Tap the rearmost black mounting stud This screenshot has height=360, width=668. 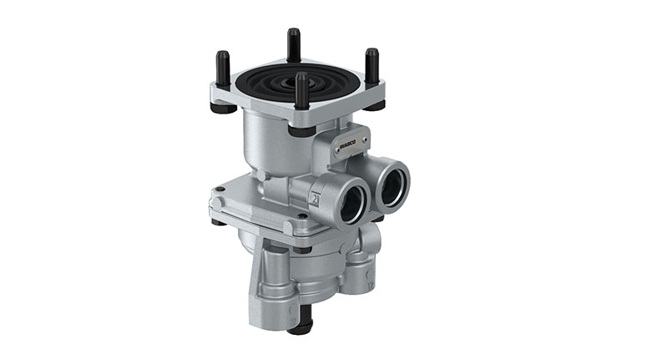pyautogui.click(x=294, y=45)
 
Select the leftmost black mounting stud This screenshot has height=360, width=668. pyautogui.click(x=222, y=72)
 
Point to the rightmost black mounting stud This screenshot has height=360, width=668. pyautogui.click(x=372, y=67)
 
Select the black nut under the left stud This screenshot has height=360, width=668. pyautogui.click(x=222, y=108)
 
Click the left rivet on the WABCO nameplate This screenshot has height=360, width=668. pyautogui.click(x=339, y=150)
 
